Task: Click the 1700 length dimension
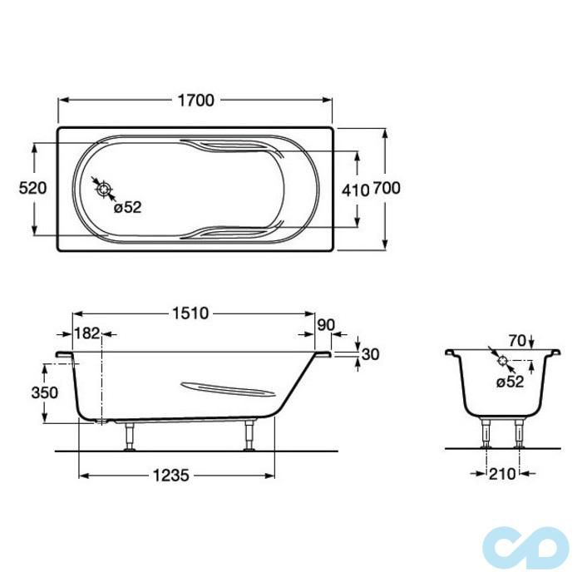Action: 196,101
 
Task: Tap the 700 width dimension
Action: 387,188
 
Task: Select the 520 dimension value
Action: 32,188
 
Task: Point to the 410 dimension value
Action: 356,190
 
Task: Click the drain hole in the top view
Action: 104,190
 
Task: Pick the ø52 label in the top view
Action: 128,208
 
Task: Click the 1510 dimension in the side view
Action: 190,313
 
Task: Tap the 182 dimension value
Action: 87,333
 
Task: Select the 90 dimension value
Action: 326,325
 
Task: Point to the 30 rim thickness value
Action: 370,354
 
